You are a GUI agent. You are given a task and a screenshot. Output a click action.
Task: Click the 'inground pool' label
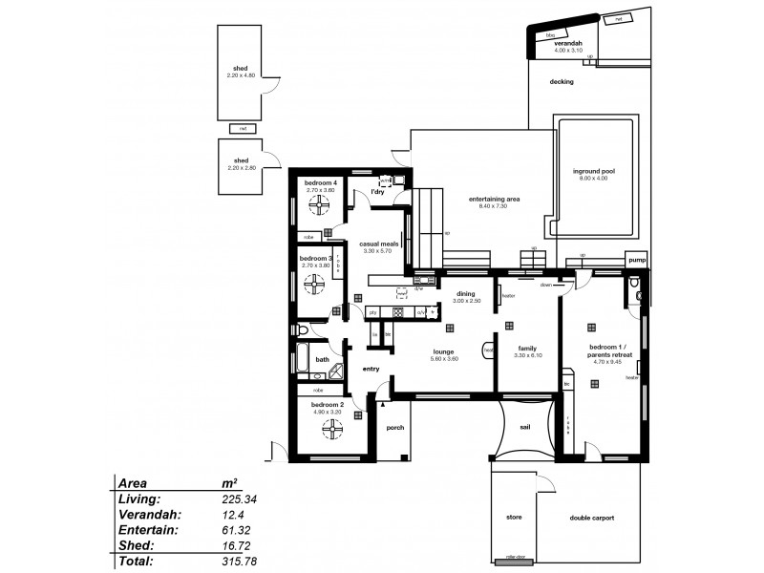(x=593, y=171)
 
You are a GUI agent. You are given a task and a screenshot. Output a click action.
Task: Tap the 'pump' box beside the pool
(x=636, y=259)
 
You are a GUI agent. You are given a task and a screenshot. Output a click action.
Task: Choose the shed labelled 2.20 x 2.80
(x=241, y=163)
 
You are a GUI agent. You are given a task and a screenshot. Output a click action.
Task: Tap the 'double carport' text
(x=592, y=518)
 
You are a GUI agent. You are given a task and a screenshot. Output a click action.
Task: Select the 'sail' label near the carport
(x=524, y=429)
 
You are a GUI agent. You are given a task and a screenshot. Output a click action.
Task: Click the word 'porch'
(x=395, y=428)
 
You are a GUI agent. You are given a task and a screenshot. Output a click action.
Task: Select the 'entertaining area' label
(x=494, y=199)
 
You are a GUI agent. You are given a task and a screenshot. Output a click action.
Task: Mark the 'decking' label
(x=562, y=82)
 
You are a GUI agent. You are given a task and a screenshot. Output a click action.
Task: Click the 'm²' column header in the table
(x=229, y=482)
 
